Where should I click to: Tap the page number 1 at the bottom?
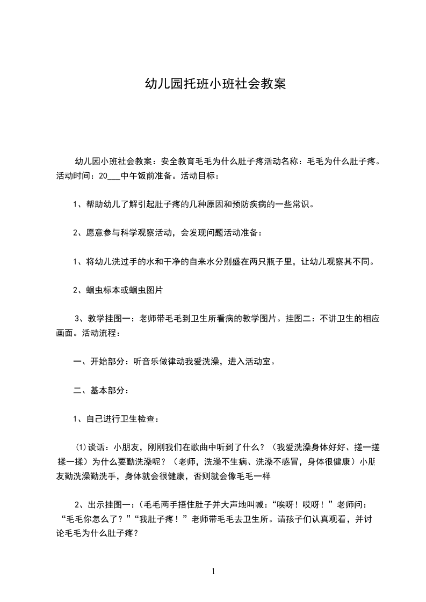[213, 571]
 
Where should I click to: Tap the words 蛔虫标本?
[103, 290]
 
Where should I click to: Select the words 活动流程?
[99, 333]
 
